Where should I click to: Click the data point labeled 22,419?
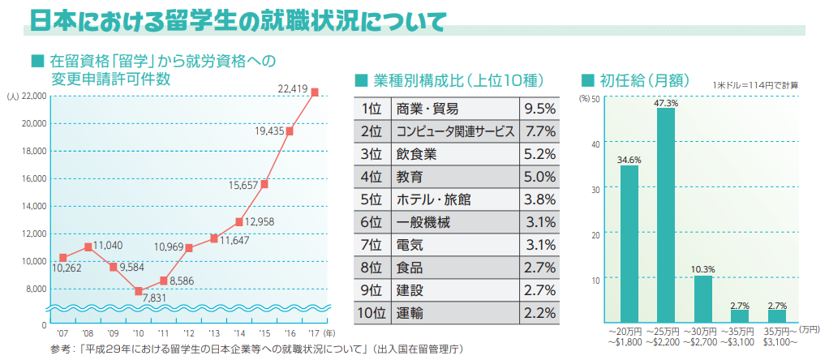(315, 92)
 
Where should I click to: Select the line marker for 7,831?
(139, 291)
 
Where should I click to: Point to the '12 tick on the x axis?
(189, 332)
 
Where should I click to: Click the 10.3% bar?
(702, 298)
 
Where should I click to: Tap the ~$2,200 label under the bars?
(666, 341)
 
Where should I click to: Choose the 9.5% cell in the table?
(539, 109)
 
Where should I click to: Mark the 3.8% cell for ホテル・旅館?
(539, 199)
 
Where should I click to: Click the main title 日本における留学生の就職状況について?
(235, 22)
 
